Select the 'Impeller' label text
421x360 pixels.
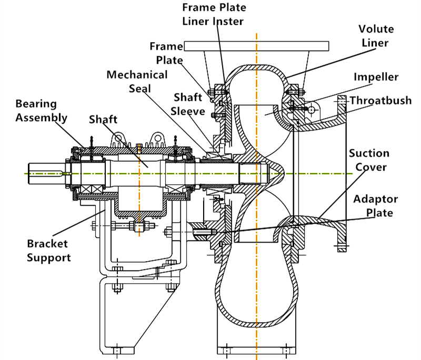pyautogui.click(x=376, y=77)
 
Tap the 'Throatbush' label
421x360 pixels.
pyautogui.click(x=380, y=101)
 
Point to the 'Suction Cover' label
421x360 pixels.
pyautogui.click(x=369, y=160)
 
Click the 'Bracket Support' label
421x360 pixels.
pyautogui.click(x=48, y=251)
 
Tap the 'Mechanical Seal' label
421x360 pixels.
pyautogui.click(x=137, y=81)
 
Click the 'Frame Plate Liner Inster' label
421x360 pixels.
pyautogui.click(x=214, y=14)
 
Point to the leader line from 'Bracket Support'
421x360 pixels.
pyautogui.click(x=79, y=224)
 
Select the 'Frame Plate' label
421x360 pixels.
pyautogui.click(x=166, y=53)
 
